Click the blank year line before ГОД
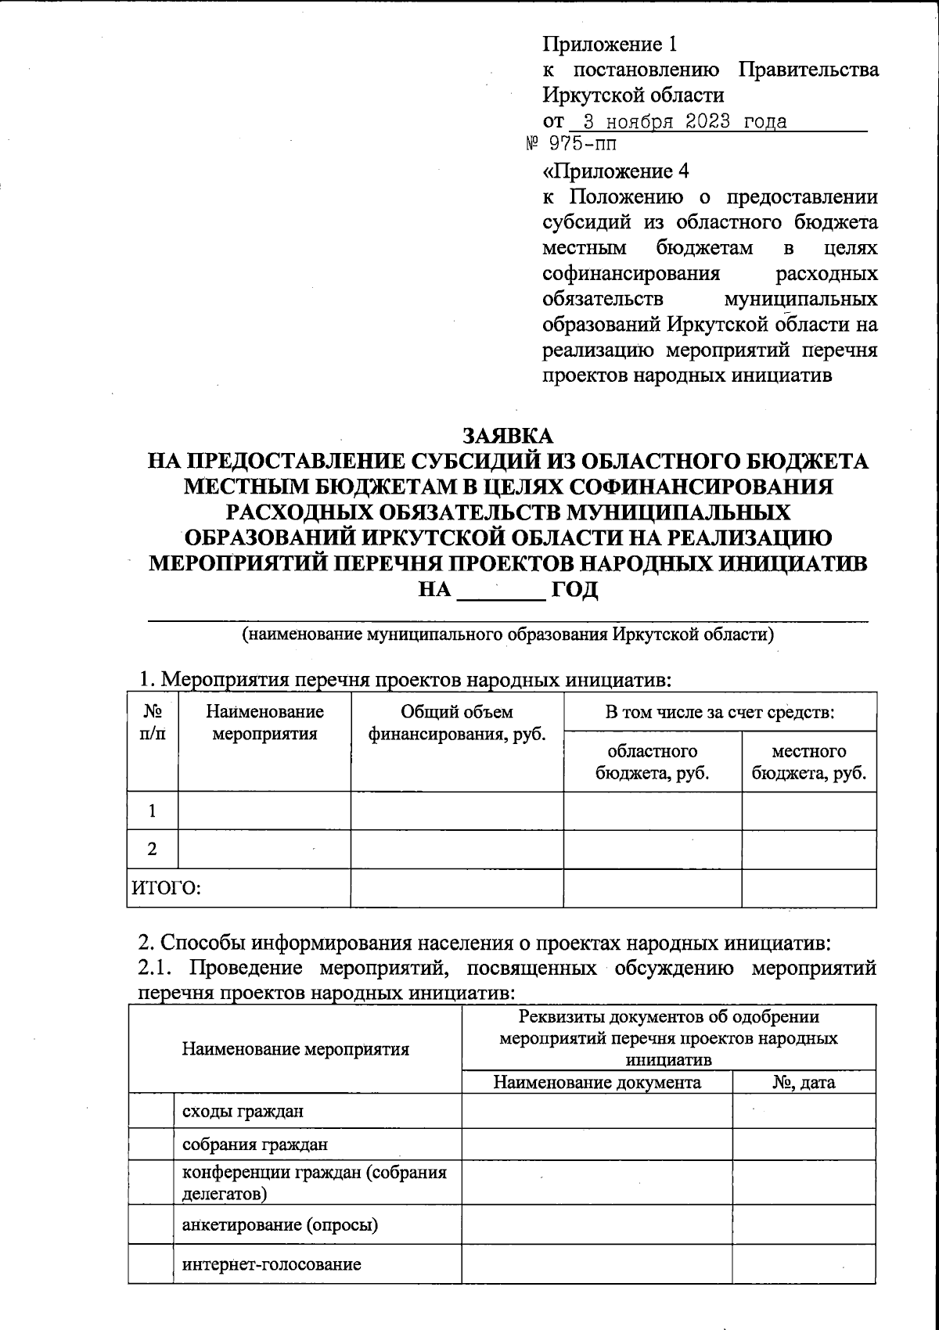click(x=501, y=590)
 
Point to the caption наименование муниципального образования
click(x=509, y=634)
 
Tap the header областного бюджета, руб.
click(x=653, y=762)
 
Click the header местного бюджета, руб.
click(x=808, y=762)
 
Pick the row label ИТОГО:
click(x=166, y=889)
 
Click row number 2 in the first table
click(x=152, y=849)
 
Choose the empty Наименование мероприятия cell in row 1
click(x=264, y=811)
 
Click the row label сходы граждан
click(x=243, y=1111)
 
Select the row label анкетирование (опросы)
click(x=279, y=1224)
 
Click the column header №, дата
click(x=803, y=1083)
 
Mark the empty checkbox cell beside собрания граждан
click(x=150, y=1145)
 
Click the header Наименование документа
click(x=597, y=1083)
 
